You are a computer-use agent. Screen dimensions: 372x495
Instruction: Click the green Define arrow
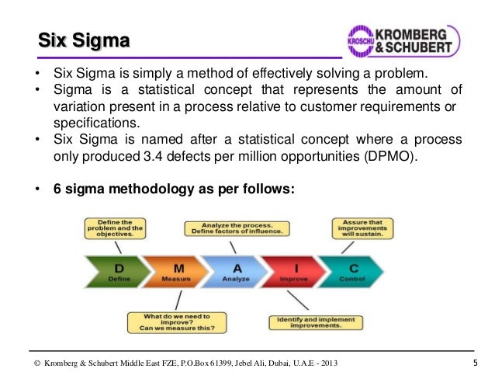[116, 273]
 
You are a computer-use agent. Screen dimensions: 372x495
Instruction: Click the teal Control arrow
[353, 273]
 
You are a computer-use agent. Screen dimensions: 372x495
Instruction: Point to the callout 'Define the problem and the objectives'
[115, 228]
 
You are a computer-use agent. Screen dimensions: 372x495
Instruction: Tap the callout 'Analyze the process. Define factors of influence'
[237, 228]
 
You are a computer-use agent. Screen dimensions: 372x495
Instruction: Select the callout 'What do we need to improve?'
[177, 322]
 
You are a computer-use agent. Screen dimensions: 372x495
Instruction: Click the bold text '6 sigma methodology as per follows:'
[174, 188]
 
